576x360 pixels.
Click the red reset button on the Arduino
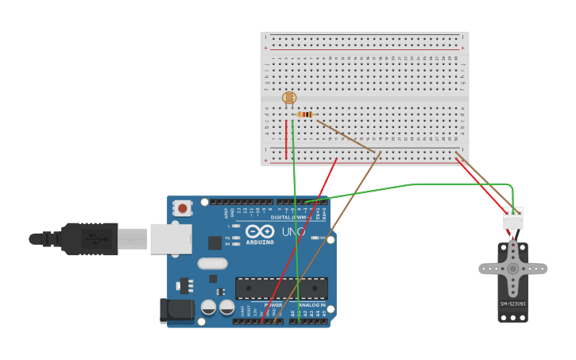coord(183,208)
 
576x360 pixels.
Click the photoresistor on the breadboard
coord(289,98)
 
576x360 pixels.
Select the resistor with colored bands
coord(305,114)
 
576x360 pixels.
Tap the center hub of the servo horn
coord(512,269)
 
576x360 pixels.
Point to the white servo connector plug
coord(513,218)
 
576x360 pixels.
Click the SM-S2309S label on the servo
coord(512,304)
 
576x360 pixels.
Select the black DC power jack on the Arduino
coord(176,311)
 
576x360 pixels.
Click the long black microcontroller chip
coord(281,288)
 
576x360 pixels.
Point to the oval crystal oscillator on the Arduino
coord(212,263)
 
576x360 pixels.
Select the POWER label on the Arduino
coord(273,305)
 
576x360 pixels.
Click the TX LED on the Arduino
coord(236,238)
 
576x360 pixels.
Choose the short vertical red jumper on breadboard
coord(286,139)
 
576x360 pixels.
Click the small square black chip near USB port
coord(215,242)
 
